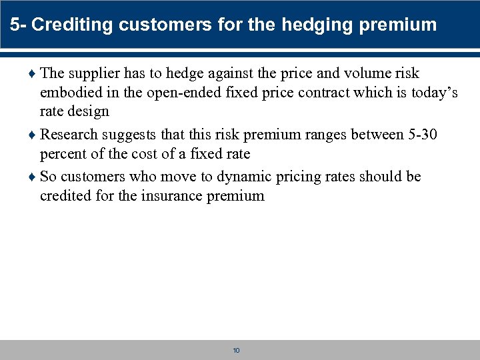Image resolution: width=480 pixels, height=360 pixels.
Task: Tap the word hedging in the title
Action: tap(315, 25)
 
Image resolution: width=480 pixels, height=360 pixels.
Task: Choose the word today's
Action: tap(431, 93)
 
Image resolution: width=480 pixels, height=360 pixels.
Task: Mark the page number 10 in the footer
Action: tap(237, 351)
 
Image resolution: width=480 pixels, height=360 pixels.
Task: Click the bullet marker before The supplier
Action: tap(33, 74)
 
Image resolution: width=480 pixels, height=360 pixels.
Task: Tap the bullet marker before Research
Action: tap(33, 135)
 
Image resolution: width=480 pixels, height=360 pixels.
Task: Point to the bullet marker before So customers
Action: tap(33, 177)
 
